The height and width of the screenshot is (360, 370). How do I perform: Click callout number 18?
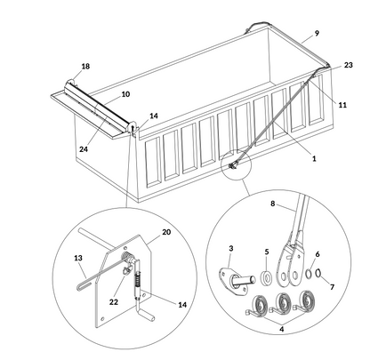pos(85,67)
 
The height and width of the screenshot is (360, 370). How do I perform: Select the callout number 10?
pos(125,93)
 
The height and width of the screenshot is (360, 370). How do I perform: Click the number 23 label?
pos(349,65)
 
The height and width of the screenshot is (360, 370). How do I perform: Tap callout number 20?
pos(166,233)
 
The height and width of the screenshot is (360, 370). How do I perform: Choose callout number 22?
pos(113,302)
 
